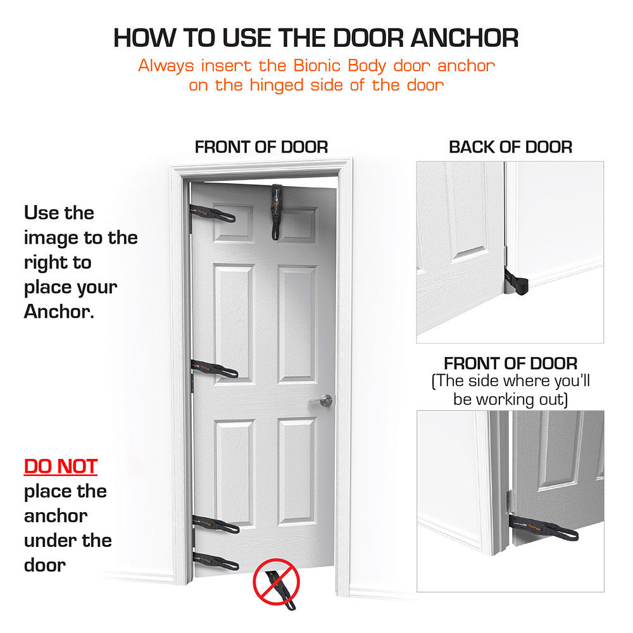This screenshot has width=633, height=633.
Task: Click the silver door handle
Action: click(323, 401)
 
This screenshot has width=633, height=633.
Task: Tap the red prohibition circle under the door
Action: click(275, 581)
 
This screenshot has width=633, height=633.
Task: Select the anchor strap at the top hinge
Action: click(213, 213)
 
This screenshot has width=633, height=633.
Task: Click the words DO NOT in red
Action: click(61, 467)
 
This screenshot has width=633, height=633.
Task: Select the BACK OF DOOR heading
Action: click(510, 147)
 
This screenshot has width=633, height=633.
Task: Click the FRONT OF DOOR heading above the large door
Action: click(261, 147)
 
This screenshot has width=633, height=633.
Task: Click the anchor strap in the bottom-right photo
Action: click(544, 527)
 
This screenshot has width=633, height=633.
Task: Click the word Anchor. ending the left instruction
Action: click(59, 311)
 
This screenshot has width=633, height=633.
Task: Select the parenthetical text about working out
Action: click(510, 391)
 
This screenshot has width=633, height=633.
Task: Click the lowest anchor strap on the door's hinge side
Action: click(216, 561)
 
